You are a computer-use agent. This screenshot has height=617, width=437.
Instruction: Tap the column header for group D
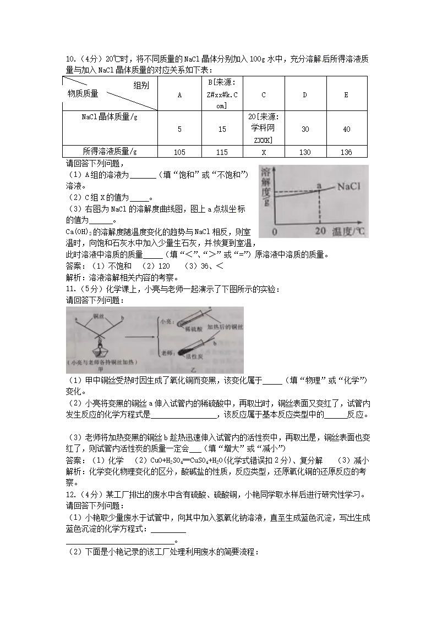tap(305, 95)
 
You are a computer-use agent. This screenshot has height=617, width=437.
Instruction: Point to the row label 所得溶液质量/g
tap(110, 152)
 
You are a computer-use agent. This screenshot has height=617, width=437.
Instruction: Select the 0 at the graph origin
tap(274, 231)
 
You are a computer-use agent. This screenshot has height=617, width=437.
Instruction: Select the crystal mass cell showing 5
tap(179, 129)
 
